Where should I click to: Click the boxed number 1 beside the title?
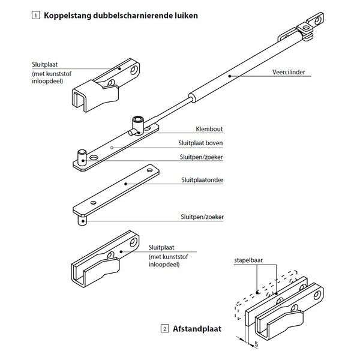point(35,16)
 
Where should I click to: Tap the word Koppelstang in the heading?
point(67,16)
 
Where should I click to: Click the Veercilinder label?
point(289,72)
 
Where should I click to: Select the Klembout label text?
point(209,129)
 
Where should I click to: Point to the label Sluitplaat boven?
point(200,143)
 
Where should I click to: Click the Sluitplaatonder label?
point(202,180)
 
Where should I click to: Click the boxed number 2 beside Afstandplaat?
point(164,329)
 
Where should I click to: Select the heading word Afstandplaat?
point(197,329)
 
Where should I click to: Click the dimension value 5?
point(256,344)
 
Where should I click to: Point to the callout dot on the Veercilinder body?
point(229,76)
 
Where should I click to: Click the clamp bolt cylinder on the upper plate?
point(138,125)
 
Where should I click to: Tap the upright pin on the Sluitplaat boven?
point(82,157)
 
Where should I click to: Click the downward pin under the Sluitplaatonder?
point(82,220)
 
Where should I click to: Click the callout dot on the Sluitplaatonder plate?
point(125,184)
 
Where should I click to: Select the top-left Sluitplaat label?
point(45,65)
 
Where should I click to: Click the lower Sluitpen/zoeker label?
point(202,217)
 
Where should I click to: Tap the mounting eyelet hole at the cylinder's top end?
point(317,20)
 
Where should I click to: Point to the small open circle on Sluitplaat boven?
point(112,148)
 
